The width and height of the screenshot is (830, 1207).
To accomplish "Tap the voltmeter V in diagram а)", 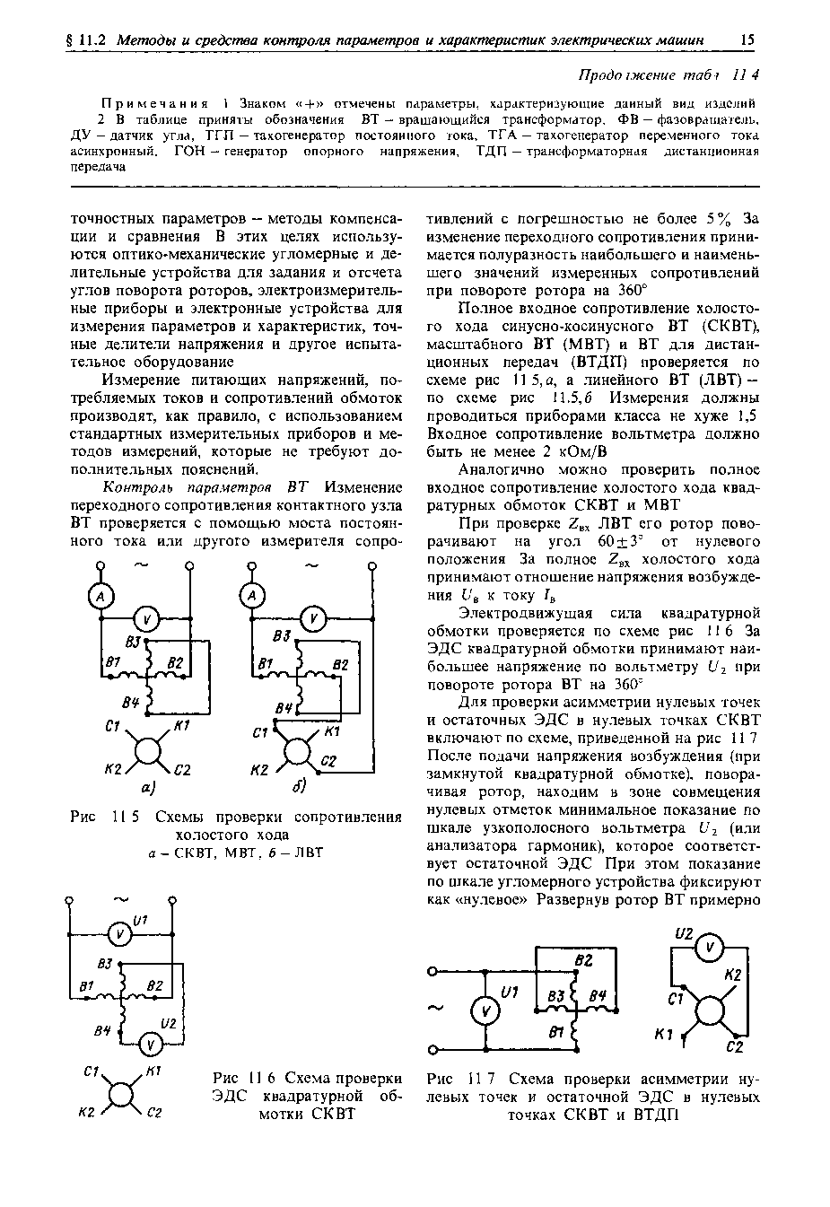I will point(149,618).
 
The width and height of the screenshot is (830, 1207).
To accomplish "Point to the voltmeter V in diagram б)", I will point(310,618).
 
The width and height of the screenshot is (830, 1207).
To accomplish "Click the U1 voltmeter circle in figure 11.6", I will point(118,934).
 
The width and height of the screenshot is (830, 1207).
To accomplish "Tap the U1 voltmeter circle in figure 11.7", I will point(485,1011).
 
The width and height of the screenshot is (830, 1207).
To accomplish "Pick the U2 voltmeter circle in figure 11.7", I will point(709,948).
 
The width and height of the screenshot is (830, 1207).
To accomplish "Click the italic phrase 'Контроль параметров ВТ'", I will point(206,487).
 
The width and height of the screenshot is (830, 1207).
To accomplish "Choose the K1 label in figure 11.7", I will point(665,1035).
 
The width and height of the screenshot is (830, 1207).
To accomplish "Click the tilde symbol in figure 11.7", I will point(438,1009).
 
